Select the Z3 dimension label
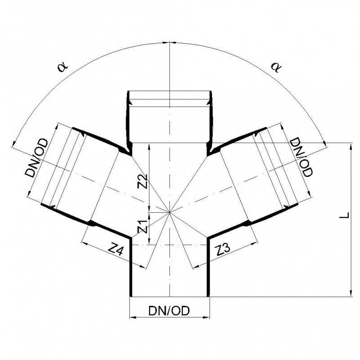[224, 249]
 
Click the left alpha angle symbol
[62, 67]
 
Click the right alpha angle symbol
[275, 67]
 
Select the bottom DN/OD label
[169, 310]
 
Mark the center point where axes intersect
[169, 212]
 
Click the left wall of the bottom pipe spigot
[130, 270]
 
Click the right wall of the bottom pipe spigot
[208, 270]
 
